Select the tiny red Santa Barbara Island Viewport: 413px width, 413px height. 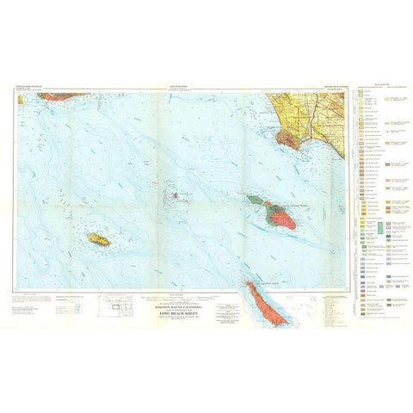[x=174, y=194]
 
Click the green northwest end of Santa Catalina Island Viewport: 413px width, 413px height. [x=255, y=200]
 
